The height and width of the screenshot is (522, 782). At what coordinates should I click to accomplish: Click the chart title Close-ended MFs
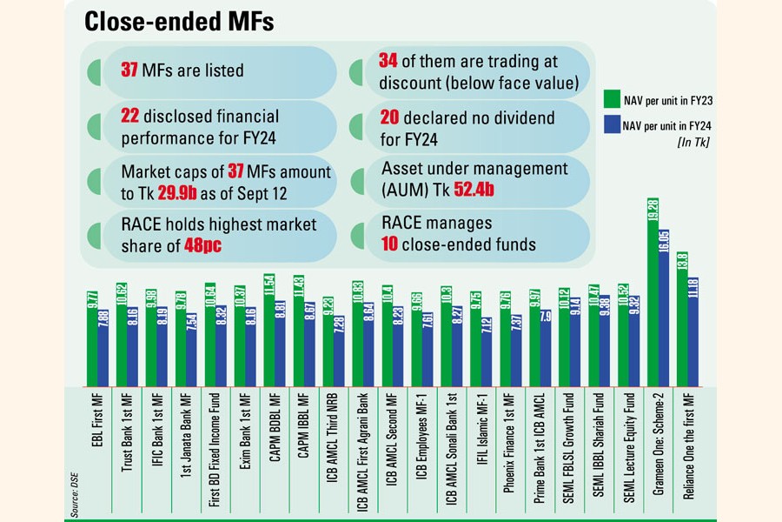coord(178,23)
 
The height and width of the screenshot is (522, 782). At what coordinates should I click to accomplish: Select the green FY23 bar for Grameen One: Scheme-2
coord(653,304)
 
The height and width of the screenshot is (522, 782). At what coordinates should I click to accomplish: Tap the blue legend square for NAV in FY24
coord(611,127)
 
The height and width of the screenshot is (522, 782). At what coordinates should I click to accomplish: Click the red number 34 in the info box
coord(389,62)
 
